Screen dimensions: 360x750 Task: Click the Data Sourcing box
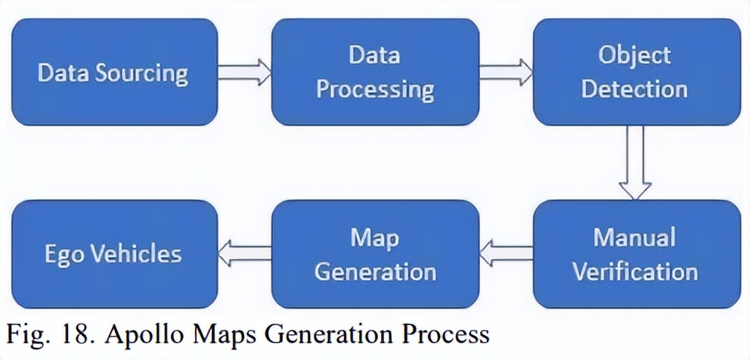point(113,72)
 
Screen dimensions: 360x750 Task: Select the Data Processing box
point(375,72)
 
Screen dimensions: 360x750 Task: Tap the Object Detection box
point(636,72)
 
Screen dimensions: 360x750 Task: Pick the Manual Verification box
point(636,253)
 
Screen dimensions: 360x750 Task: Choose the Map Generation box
point(375,253)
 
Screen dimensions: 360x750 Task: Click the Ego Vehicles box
point(113,253)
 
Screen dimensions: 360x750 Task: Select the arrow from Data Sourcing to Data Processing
point(244,73)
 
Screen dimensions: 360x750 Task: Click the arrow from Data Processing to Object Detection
point(506,73)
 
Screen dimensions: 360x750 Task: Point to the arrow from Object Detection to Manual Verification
point(635,163)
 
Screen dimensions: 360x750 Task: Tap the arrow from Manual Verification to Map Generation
point(506,253)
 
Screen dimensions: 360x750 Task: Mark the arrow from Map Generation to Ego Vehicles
point(244,253)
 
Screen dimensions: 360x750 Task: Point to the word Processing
point(375,90)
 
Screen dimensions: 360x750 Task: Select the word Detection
point(634,89)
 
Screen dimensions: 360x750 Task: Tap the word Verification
point(634,271)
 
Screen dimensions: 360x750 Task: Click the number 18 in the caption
point(76,333)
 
